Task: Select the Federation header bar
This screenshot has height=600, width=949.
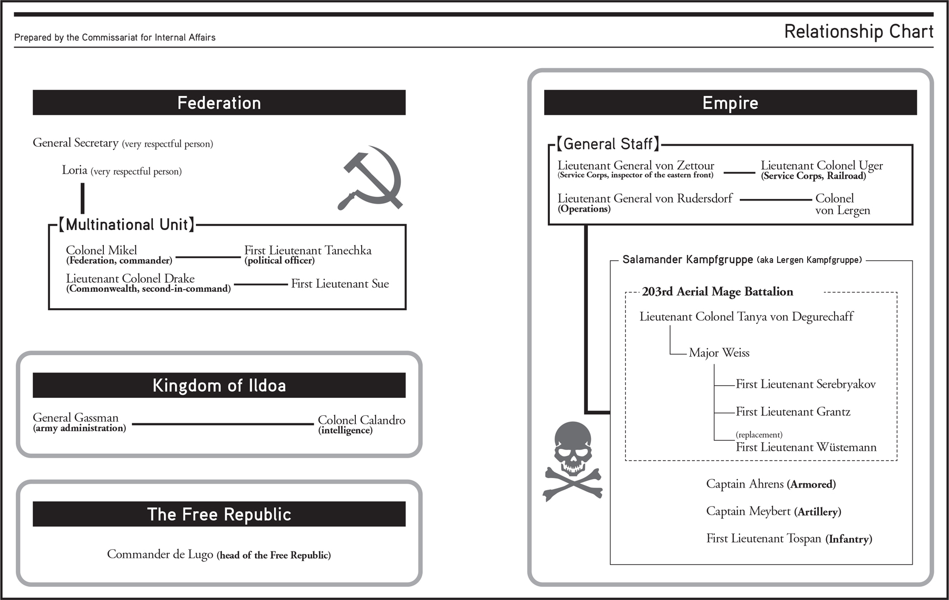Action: [219, 102]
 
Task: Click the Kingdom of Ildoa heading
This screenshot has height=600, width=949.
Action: [219, 385]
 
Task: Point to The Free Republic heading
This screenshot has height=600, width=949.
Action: [219, 514]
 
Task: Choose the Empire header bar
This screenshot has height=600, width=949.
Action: [730, 102]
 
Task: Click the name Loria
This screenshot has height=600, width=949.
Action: [74, 170]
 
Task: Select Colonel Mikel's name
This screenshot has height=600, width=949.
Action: [101, 250]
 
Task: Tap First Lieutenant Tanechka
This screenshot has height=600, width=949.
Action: [307, 250]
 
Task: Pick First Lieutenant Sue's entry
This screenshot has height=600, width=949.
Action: [340, 284]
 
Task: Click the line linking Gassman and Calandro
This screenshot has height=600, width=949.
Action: [222, 424]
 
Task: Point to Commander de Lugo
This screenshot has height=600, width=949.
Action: [160, 554]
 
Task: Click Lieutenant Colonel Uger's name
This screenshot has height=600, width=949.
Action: [821, 166]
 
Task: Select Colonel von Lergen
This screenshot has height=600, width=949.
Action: [842, 204]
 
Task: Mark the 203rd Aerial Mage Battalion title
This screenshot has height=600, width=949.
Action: [717, 292]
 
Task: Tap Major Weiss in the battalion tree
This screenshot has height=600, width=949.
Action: [719, 353]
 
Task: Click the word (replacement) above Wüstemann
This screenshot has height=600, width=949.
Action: [759, 435]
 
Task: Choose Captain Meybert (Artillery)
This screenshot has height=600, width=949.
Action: [773, 511]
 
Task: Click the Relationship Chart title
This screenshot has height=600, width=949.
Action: [858, 32]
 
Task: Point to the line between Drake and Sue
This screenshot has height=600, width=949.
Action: [260, 284]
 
